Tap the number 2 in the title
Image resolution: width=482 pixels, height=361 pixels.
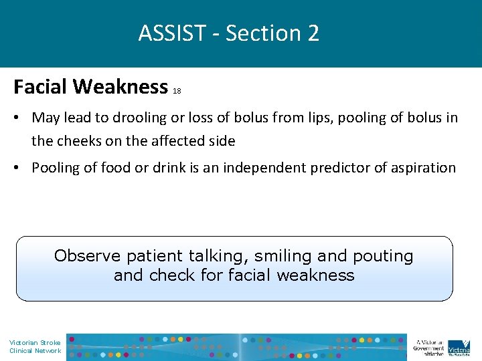313,33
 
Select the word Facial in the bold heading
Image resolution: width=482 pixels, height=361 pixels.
41,87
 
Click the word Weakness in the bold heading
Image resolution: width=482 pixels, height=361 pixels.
120,87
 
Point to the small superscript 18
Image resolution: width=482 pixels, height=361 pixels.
177,91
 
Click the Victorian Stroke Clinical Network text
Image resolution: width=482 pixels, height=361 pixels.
35,346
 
